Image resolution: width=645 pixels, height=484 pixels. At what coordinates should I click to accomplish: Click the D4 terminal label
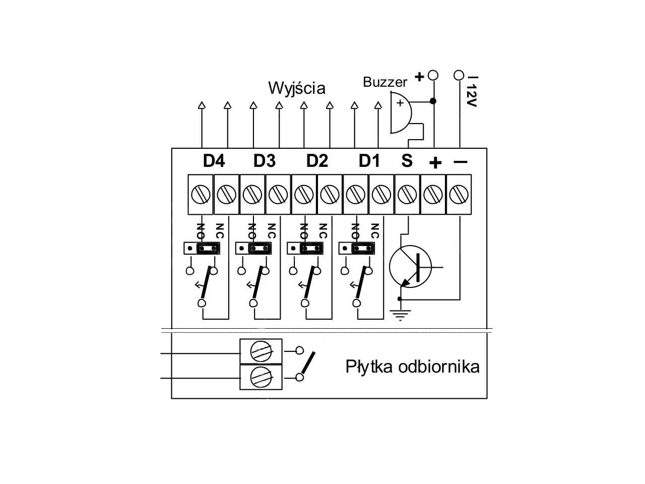coord(214,161)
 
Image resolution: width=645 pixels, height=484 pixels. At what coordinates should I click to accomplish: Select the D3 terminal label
coord(265,161)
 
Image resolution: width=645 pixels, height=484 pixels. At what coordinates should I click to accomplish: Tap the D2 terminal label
coord(317,161)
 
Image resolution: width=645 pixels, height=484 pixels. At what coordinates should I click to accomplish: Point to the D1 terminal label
coord(369,161)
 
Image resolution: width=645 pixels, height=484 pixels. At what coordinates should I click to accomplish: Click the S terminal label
coord(407,161)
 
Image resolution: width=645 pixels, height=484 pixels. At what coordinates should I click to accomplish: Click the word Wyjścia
coord(297,88)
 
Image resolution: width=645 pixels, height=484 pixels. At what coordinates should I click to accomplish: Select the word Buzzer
coord(385,82)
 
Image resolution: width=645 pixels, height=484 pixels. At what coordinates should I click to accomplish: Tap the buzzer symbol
coord(401,113)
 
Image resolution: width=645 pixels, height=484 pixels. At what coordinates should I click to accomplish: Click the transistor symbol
coord(411,267)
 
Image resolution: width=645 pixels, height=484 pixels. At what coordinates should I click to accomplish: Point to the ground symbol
coord(400,315)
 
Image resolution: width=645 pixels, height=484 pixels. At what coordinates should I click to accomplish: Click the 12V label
coord(472,96)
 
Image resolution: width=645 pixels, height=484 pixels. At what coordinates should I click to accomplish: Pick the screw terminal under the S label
coord(407,194)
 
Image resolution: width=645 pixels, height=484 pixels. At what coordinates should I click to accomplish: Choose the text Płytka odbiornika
coord(413,367)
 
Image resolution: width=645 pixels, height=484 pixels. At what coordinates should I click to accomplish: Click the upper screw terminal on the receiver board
coord(261,351)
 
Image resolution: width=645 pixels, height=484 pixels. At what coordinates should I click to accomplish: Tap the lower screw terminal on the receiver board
coord(261,377)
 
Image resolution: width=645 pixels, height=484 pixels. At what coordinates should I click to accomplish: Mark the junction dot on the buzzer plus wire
coord(433,101)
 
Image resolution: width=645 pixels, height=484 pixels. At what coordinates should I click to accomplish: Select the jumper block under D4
coord(202,249)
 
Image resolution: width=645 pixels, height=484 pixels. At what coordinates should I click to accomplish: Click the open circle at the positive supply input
coord(433,75)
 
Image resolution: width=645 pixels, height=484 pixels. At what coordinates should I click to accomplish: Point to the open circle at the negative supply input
coord(459,75)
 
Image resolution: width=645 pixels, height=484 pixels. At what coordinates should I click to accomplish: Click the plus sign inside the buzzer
coord(400,103)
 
